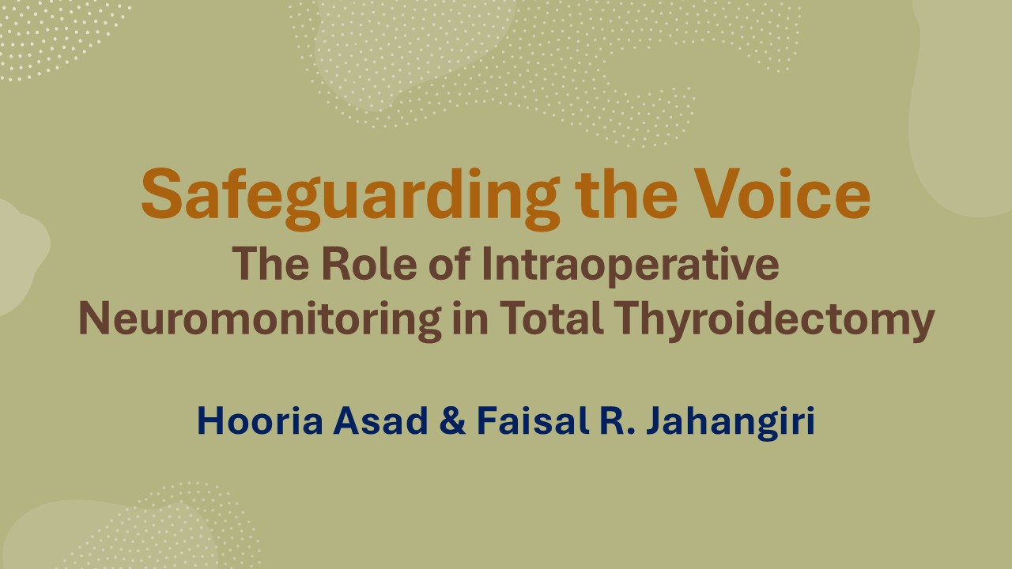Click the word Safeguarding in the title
[350, 198]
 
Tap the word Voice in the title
[783, 194]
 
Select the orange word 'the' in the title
[626, 194]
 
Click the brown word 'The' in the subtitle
[271, 264]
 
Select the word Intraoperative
[631, 266]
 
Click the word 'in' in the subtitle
[470, 318]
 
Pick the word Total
[551, 318]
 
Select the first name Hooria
[260, 420]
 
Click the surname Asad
[380, 420]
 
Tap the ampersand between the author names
[451, 420]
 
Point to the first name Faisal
[533, 420]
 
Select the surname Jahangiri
[731, 423]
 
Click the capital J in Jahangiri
[656, 420]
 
